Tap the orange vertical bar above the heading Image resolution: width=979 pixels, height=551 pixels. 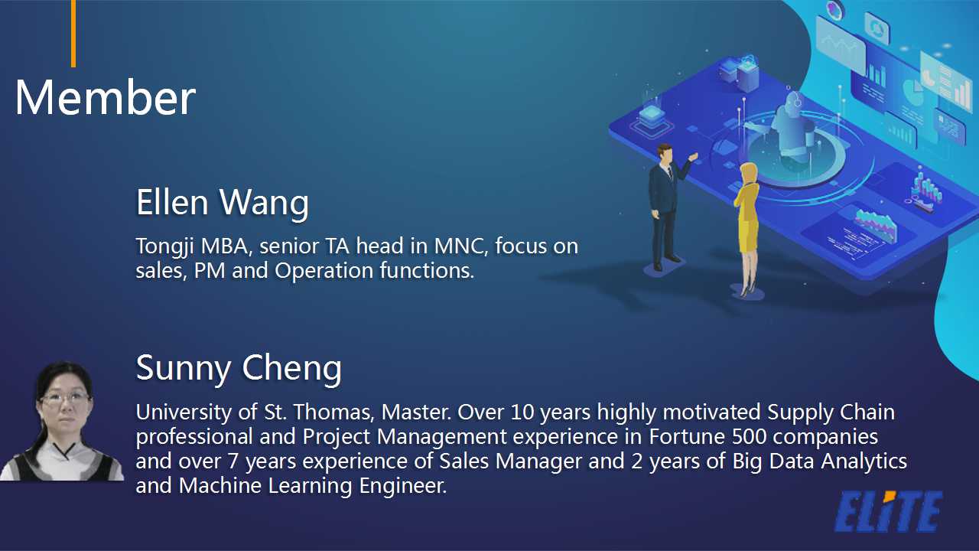[x=73, y=33]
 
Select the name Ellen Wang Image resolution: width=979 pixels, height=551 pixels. [x=223, y=203]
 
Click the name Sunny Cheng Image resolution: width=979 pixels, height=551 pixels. [x=239, y=369]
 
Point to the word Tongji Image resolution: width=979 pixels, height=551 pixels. [x=164, y=246]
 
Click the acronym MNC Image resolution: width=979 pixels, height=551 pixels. [x=460, y=246]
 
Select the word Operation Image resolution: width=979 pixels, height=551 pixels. [x=324, y=271]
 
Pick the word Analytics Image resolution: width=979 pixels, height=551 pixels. [x=864, y=461]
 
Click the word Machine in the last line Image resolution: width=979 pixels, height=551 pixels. [x=220, y=486]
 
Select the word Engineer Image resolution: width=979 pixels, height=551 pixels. [x=402, y=487]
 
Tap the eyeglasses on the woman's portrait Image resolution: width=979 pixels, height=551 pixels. [x=65, y=399]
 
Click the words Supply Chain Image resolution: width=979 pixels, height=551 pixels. [x=831, y=412]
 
